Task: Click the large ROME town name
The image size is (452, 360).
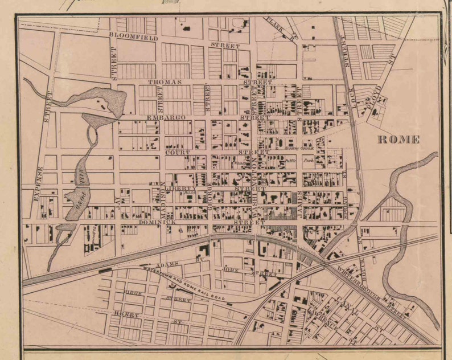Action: (399, 140)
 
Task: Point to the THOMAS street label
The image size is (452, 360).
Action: (165, 82)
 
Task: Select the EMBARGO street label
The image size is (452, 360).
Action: (167, 117)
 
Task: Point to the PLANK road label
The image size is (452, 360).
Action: (274, 25)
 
